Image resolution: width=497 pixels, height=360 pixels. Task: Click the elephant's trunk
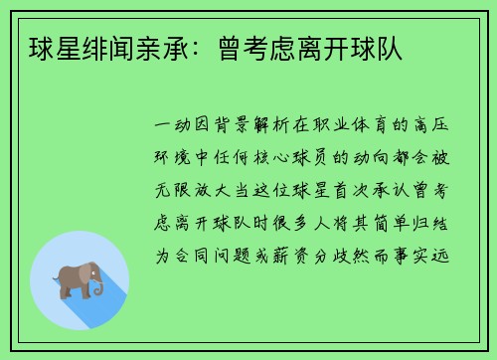(98, 288)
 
